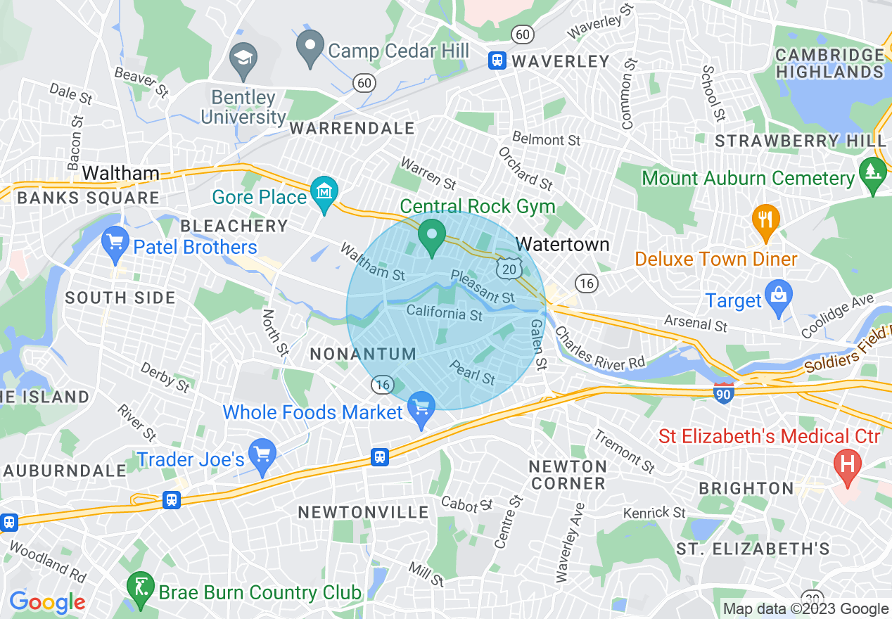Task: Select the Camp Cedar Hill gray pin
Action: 310,48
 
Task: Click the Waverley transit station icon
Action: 497,60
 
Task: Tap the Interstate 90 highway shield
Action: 723,393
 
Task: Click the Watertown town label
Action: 562,245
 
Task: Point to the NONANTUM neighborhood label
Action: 364,354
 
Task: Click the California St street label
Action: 445,312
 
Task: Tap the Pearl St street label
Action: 472,373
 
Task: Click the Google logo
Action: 47,602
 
